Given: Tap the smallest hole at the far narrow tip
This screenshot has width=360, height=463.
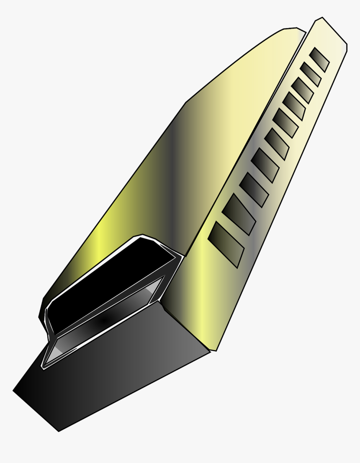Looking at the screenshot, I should [x=320, y=59].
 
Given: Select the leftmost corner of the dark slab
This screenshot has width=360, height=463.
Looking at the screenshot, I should [x=13, y=391].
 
